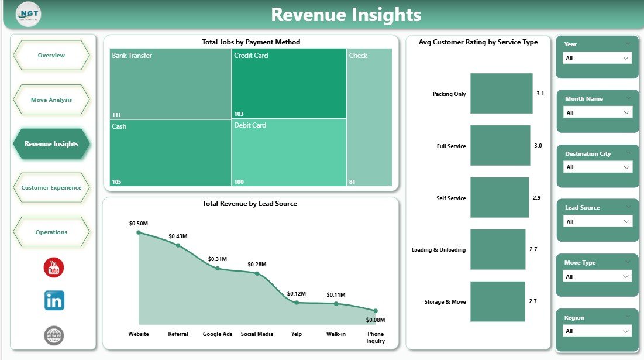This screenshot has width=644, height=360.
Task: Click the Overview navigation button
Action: point(51,56)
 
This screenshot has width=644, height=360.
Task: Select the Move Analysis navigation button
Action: point(51,100)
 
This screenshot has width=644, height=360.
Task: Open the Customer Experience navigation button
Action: point(51,188)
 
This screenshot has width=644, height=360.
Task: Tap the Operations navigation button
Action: point(51,232)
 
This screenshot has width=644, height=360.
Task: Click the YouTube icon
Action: point(54,268)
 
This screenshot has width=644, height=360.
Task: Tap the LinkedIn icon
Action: point(54,300)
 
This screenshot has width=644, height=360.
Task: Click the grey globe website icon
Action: point(54,335)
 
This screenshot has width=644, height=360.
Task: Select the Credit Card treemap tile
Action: point(288,84)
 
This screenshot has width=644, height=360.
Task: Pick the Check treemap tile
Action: point(369,117)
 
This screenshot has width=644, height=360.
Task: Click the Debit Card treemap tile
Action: point(288,152)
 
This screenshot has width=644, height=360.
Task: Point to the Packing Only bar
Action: point(501,93)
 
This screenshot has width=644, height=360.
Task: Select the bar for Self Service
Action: point(499,198)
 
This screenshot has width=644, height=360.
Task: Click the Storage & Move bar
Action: point(498,301)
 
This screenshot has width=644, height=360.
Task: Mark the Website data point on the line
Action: point(139,232)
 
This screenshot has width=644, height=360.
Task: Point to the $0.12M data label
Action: point(297,293)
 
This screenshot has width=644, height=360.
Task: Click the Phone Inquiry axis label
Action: point(375,338)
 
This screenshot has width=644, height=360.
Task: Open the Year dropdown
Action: point(597,59)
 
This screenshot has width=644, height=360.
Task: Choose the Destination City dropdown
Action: point(597,167)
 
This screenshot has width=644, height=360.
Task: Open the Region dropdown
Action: point(597,331)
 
